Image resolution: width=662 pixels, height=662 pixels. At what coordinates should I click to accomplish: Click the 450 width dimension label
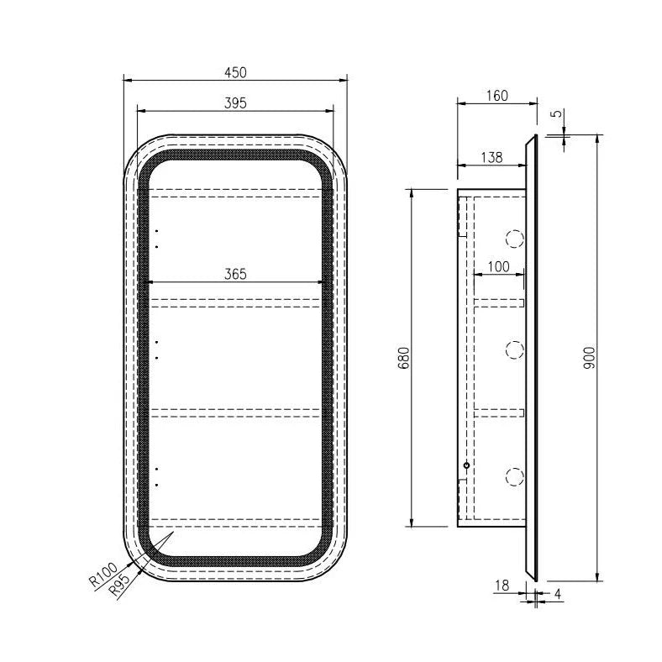pyautogui.click(x=235, y=72)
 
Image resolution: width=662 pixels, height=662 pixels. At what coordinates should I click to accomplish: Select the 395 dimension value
pyautogui.click(x=235, y=102)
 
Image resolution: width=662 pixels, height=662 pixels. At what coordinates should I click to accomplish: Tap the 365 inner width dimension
pyautogui.click(x=235, y=274)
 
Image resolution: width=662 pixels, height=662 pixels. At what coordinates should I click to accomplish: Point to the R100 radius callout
pyautogui.click(x=101, y=576)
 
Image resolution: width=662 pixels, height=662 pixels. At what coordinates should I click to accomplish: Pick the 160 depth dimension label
pyautogui.click(x=496, y=95)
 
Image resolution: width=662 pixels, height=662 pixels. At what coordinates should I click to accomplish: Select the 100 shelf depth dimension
pyautogui.click(x=498, y=266)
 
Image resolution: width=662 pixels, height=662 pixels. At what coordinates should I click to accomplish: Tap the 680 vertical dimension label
pyautogui.click(x=402, y=360)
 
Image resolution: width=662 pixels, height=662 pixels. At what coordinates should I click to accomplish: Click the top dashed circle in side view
pyautogui.click(x=513, y=239)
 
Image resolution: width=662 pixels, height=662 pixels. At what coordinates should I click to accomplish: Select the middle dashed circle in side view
pyautogui.click(x=513, y=349)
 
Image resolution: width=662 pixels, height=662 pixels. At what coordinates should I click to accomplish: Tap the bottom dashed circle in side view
pyautogui.click(x=513, y=476)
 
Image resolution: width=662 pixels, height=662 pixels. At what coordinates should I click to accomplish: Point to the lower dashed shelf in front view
pyautogui.click(x=235, y=412)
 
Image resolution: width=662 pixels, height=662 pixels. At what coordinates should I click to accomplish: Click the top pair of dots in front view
pyautogui.click(x=156, y=239)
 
